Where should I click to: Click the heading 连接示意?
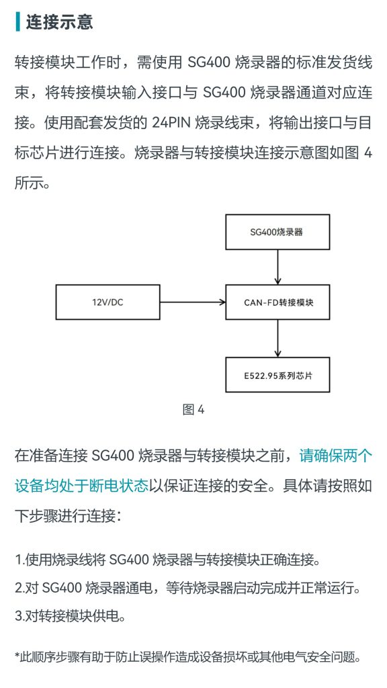tap(59, 21)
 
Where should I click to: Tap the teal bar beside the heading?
tap(17, 21)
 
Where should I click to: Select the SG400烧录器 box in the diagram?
tap(277, 232)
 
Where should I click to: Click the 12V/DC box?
tap(107, 302)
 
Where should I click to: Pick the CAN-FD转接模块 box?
tap(277, 302)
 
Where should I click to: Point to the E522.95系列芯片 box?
tap(277, 375)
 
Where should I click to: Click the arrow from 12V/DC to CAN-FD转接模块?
tap(193, 302)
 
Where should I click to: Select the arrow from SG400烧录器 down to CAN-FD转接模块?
tap(277, 267)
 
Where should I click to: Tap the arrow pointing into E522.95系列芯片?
tap(277, 339)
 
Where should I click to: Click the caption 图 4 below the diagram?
tap(193, 410)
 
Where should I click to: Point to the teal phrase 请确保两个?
tap(336, 456)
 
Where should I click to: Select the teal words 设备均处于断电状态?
tap(81, 486)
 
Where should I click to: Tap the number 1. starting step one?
tap(19, 560)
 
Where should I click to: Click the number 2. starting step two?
tap(19, 588)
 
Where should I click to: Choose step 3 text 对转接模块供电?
tap(75, 616)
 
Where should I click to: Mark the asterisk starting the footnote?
tap(17, 656)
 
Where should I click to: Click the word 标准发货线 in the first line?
tap(336, 62)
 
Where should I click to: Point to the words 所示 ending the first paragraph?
tap(29, 183)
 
